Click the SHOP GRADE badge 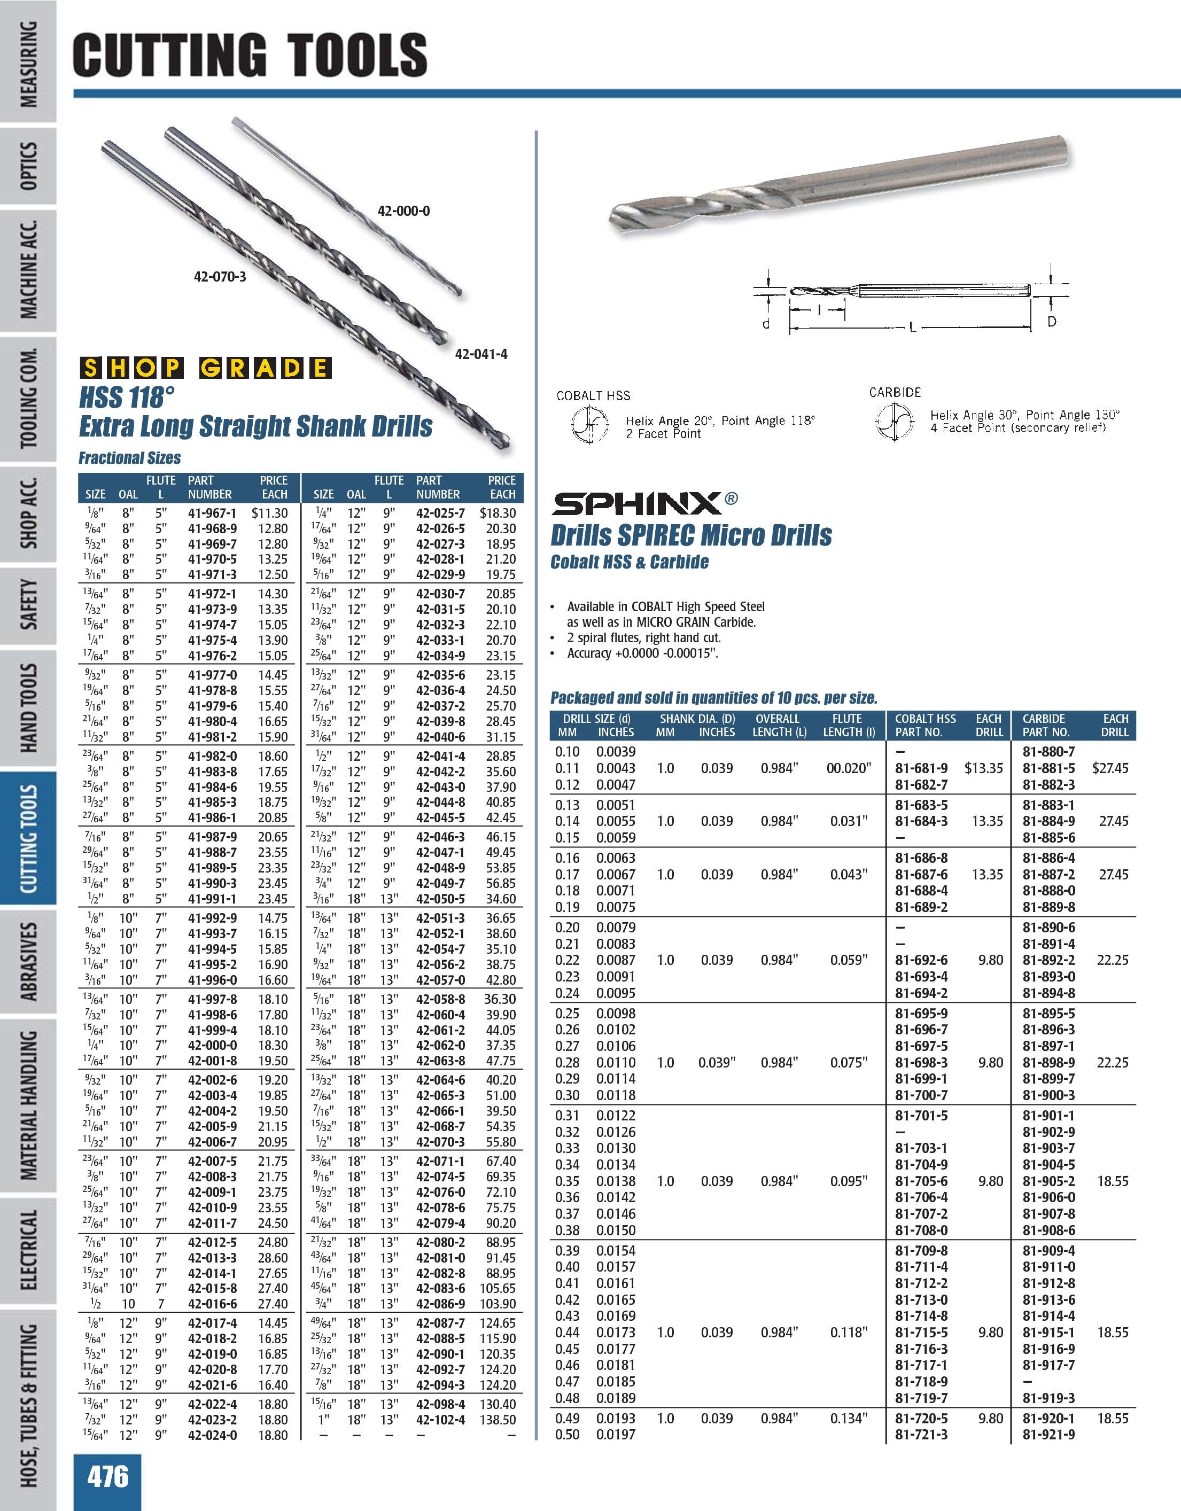[206, 368]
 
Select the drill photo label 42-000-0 [403, 211]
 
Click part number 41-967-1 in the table [212, 513]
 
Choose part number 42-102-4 [441, 1420]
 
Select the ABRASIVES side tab [29, 961]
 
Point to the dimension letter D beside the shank [1052, 321]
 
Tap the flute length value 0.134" [848, 1418]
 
